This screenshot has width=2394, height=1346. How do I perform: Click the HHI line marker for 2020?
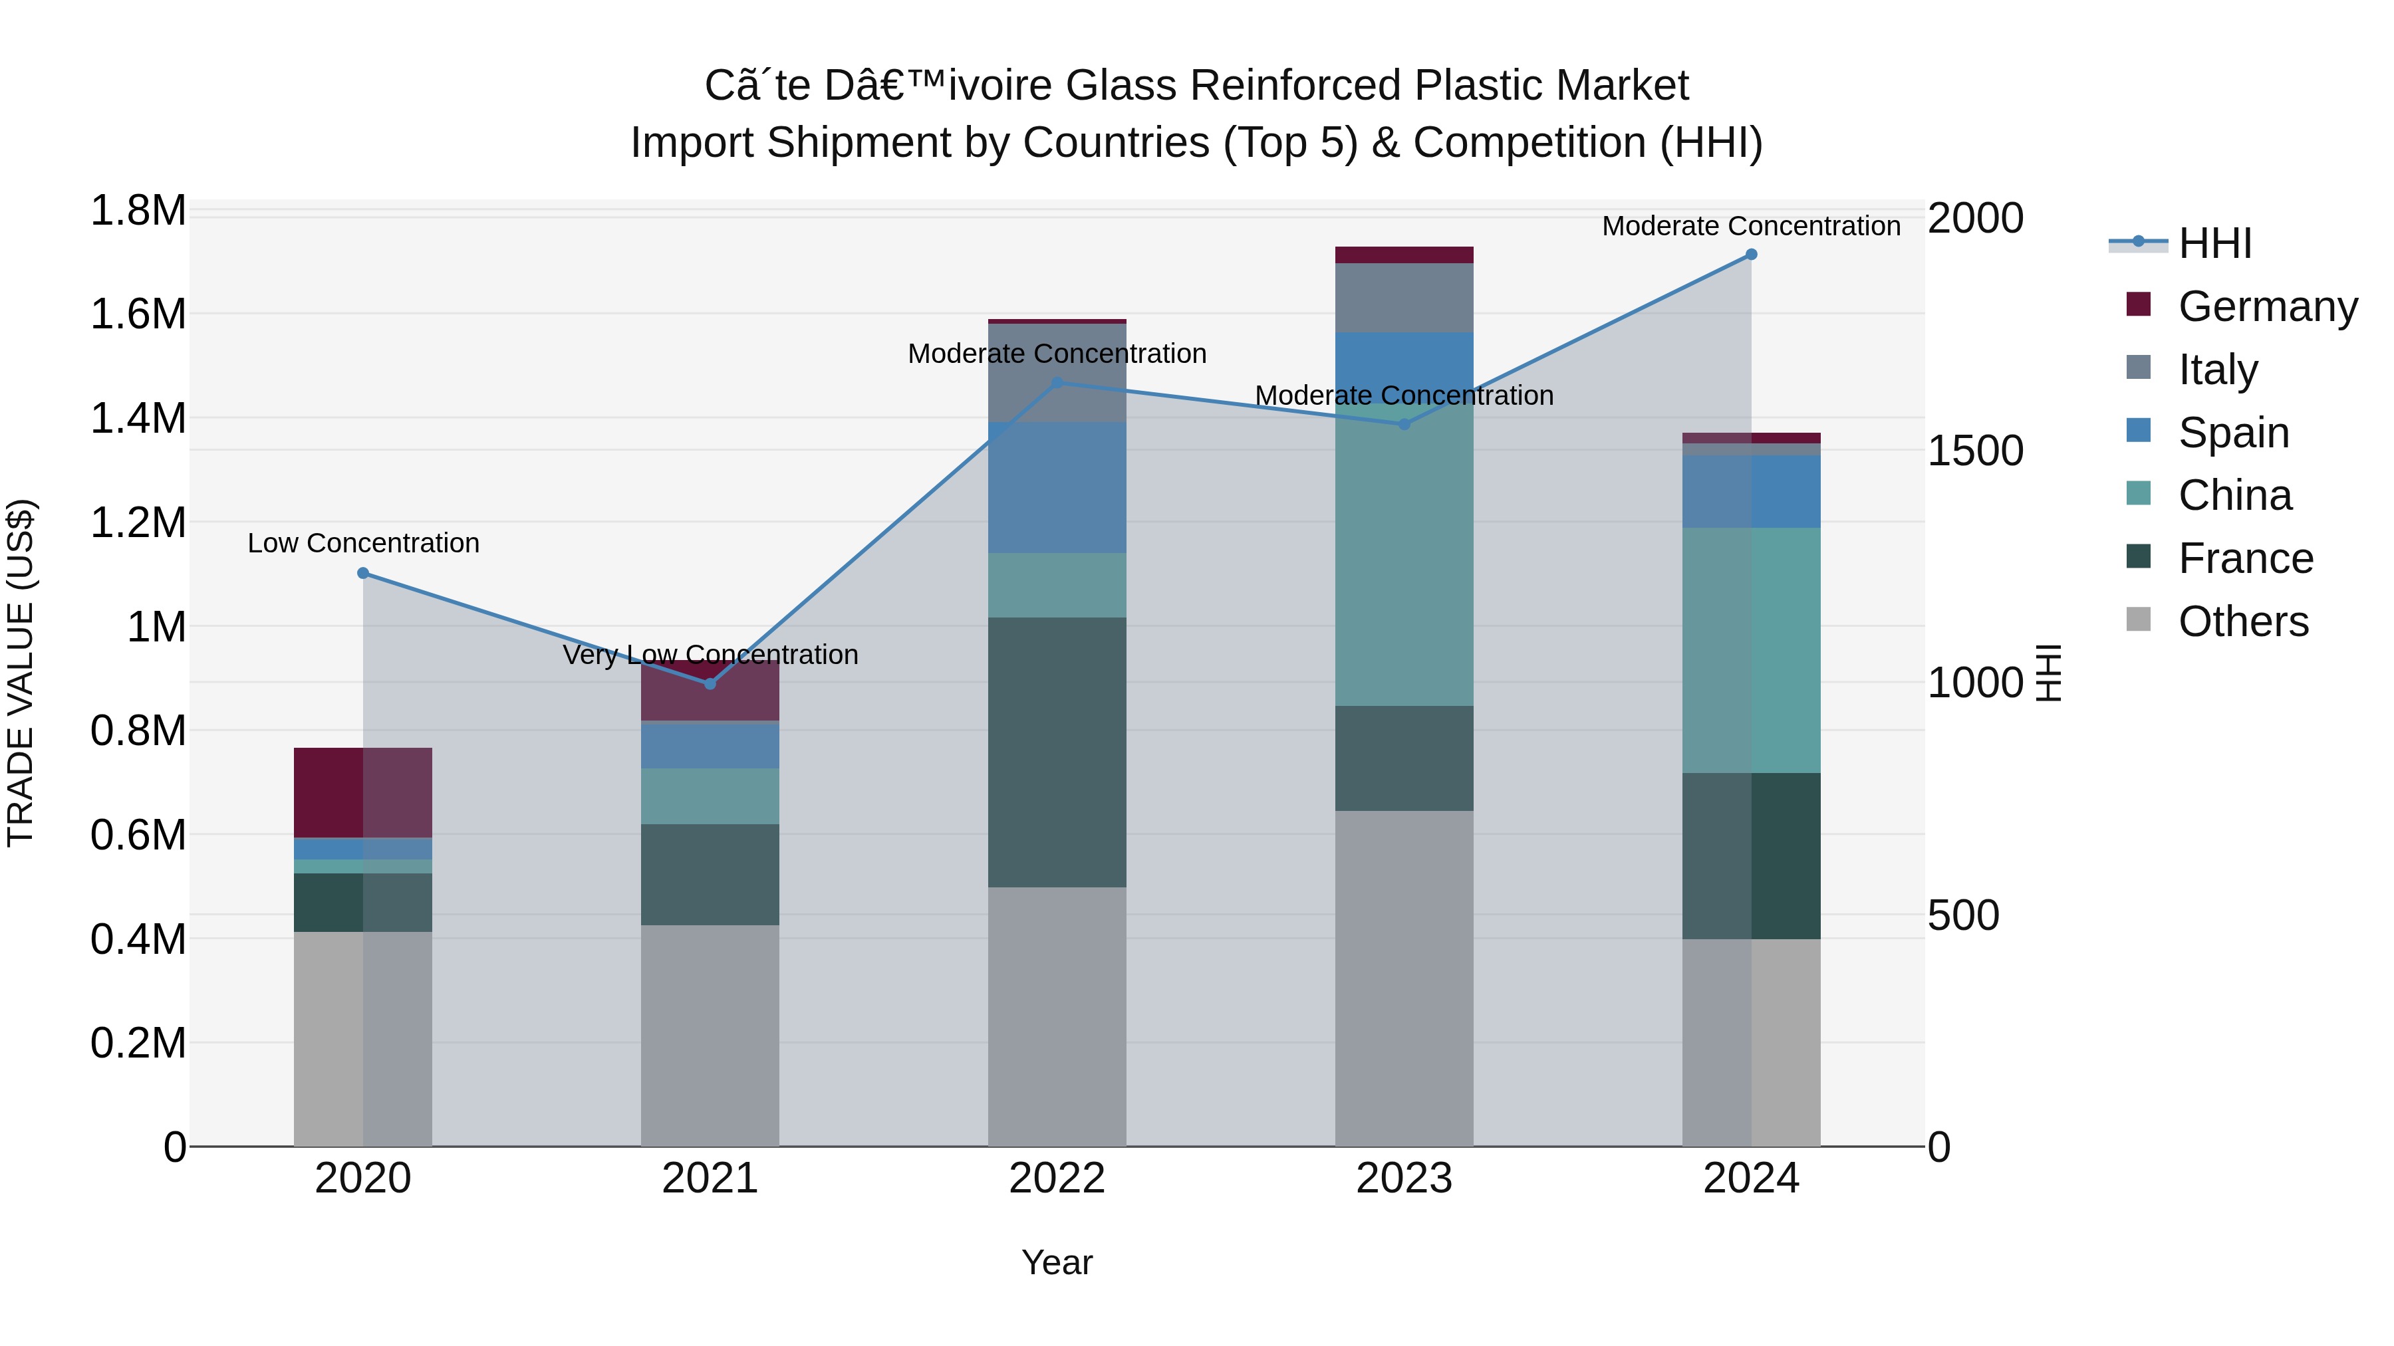tap(362, 573)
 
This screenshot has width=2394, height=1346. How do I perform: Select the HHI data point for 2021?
tap(710, 684)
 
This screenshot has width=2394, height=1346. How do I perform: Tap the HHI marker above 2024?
tap(1751, 255)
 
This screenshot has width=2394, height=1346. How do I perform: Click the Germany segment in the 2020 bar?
tap(328, 792)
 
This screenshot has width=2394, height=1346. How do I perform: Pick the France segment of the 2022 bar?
tap(1057, 752)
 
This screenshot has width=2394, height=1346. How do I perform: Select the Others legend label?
tap(2242, 621)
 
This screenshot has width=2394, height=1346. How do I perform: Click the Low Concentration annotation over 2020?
tap(363, 544)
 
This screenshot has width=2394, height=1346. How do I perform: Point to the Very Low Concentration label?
tap(710, 655)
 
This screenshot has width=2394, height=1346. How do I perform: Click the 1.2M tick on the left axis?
tap(138, 523)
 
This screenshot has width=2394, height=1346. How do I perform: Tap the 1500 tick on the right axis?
tap(1975, 451)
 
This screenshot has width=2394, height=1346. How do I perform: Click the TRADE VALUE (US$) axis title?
tap(21, 673)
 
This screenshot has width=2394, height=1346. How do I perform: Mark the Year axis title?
tap(1057, 1264)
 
